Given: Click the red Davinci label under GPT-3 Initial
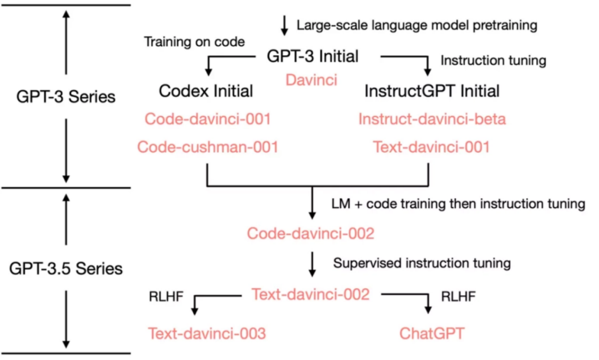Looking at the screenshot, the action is (311, 80).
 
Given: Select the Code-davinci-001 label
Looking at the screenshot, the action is (208, 119).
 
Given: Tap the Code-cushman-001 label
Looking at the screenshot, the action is (208, 147).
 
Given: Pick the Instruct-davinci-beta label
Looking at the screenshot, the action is (432, 119).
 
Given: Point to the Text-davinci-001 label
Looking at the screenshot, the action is (432, 147).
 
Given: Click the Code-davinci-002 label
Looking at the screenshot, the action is (311, 234).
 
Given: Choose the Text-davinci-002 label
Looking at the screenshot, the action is (311, 294).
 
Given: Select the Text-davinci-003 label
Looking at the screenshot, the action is (207, 333).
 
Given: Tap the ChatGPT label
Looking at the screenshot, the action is (432, 333).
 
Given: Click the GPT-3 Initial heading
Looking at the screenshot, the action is (312, 56).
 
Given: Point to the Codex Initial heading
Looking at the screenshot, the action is (206, 91).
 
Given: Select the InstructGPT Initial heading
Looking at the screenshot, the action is (432, 91).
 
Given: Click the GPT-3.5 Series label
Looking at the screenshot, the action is (65, 268).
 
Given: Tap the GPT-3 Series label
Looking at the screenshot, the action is (65, 97).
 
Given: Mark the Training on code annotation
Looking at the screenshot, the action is (195, 42).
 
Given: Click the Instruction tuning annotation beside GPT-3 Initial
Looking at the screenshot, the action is (494, 60).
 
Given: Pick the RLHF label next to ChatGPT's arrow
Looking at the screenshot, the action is (459, 296).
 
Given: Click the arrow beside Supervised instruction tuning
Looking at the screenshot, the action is (312, 264).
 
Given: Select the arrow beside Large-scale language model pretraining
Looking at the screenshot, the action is (284, 26).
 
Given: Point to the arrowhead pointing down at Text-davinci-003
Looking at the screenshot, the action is (195, 310).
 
